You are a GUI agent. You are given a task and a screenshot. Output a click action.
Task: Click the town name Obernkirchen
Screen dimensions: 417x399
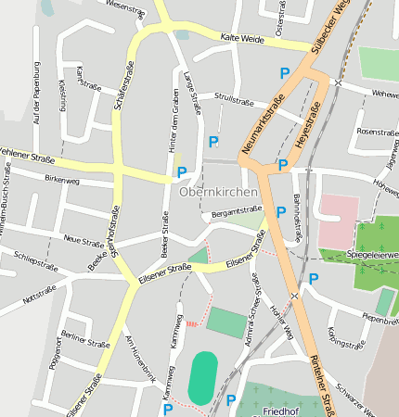click(x=218, y=192)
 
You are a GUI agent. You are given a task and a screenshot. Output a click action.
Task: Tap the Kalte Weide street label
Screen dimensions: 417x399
click(x=238, y=38)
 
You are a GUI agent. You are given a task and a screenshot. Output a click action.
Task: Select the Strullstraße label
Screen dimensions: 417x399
click(x=234, y=95)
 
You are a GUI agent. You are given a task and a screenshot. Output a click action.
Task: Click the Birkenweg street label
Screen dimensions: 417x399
click(x=62, y=180)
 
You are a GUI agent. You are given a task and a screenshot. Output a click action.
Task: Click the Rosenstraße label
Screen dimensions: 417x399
click(x=377, y=132)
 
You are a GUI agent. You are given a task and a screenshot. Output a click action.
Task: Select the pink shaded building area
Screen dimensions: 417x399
click(x=338, y=221)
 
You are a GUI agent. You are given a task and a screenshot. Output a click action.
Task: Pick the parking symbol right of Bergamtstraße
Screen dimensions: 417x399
click(x=281, y=212)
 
